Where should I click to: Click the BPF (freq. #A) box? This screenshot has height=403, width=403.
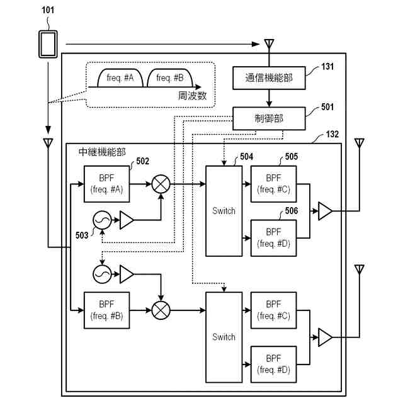click(x=106, y=184)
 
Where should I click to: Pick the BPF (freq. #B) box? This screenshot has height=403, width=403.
click(x=106, y=310)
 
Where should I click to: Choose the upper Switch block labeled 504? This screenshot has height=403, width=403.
click(x=224, y=211)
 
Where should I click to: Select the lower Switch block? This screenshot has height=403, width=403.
click(x=224, y=337)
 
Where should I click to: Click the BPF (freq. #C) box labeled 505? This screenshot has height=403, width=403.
click(x=273, y=184)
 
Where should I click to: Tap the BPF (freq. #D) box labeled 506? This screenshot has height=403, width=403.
click(x=273, y=237)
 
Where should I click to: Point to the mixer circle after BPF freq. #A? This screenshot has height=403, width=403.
click(x=162, y=184)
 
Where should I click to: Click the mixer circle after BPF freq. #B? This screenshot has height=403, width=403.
click(x=162, y=310)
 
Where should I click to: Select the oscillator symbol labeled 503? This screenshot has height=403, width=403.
click(x=102, y=220)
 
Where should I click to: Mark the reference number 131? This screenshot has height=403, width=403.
click(x=327, y=67)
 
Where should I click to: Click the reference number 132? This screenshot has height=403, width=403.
click(x=332, y=135)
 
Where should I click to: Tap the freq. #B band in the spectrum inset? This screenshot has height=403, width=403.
click(x=169, y=78)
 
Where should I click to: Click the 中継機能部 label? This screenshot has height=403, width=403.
click(x=101, y=152)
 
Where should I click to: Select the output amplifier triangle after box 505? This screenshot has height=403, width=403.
click(x=325, y=211)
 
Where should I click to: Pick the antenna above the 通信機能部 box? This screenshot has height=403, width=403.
click(x=269, y=44)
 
